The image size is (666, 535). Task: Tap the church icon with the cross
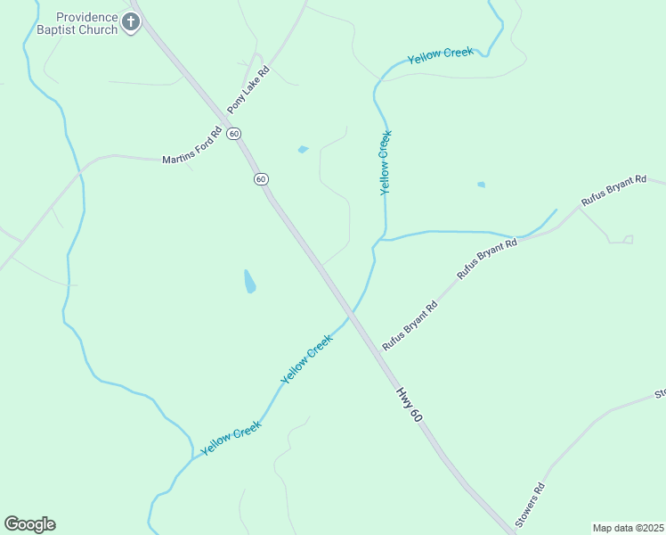coord(131,22)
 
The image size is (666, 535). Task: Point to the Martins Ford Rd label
coord(191,154)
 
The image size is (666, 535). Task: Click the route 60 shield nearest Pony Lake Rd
coord(233,134)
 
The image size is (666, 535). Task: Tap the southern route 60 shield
coord(261,179)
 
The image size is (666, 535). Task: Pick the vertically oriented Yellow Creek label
coord(386,163)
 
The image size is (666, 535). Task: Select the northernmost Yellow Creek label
coord(440,55)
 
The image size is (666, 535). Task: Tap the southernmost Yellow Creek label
coord(231,438)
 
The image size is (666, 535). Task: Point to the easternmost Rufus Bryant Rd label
coord(613,192)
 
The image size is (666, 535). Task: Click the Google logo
coord(29,524)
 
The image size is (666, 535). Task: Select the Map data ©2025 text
coord(628,527)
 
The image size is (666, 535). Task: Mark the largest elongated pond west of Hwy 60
coord(250,282)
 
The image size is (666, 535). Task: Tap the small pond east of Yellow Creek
coord(482,185)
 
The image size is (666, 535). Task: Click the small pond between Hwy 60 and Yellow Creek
coord(303,149)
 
